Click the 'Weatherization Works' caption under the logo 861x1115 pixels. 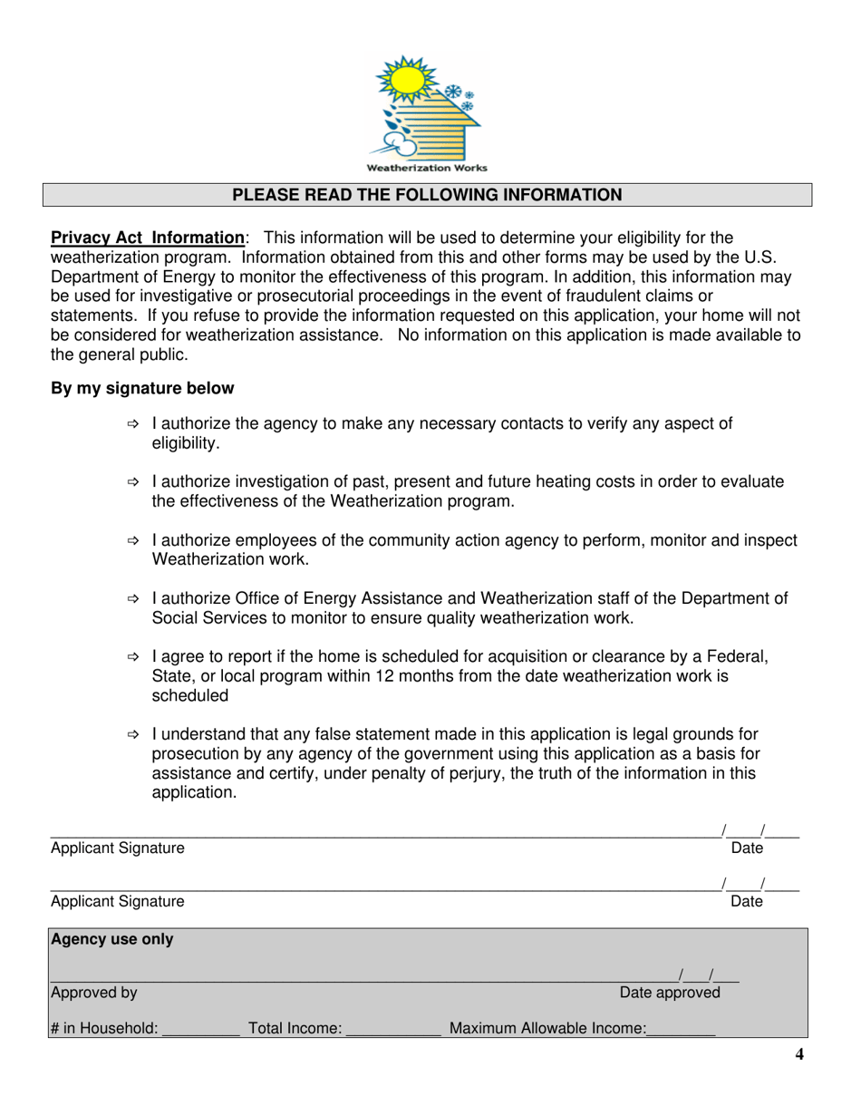point(426,168)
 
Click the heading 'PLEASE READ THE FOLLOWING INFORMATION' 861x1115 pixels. point(427,195)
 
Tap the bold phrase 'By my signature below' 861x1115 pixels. point(142,389)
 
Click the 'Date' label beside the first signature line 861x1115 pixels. point(747,848)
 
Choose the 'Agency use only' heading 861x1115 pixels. point(112,940)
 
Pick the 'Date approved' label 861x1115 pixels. point(670,993)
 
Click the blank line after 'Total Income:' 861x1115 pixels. point(393,1030)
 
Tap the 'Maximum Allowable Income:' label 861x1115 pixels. point(548,1029)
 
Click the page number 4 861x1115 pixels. point(798,1054)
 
